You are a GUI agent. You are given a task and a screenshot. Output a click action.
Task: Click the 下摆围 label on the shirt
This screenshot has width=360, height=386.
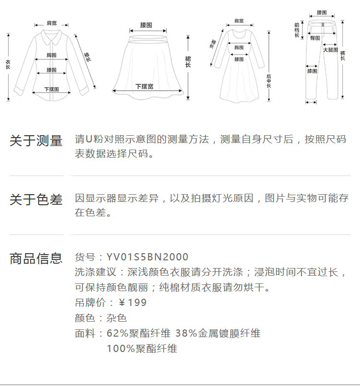(x=51, y=89)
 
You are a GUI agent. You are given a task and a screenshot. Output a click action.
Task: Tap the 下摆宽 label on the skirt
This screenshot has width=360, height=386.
(x=144, y=86)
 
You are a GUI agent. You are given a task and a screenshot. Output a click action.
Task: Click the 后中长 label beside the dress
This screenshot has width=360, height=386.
(x=269, y=81)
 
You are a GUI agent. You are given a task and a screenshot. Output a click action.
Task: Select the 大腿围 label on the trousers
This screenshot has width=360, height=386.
(x=330, y=49)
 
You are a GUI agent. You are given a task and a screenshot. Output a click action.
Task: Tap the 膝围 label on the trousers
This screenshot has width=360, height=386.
(x=312, y=71)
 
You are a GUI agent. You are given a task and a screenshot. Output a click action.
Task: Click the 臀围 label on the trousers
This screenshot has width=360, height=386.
(x=315, y=37)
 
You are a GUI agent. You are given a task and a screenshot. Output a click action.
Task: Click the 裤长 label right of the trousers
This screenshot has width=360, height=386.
(x=343, y=53)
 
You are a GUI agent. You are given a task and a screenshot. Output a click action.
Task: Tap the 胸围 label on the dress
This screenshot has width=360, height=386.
(x=239, y=47)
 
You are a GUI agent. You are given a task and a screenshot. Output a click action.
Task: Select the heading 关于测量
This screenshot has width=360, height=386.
(x=36, y=140)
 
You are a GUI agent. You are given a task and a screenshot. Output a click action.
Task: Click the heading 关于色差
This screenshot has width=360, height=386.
(x=36, y=199)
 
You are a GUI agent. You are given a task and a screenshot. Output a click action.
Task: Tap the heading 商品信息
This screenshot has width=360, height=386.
(x=36, y=258)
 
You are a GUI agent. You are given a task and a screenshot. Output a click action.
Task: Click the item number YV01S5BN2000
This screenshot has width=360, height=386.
(x=147, y=257)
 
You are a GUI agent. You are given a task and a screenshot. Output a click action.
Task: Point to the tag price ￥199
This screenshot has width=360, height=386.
(x=132, y=303)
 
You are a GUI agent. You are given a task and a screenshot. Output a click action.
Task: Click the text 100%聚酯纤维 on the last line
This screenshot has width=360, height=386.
(x=142, y=349)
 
